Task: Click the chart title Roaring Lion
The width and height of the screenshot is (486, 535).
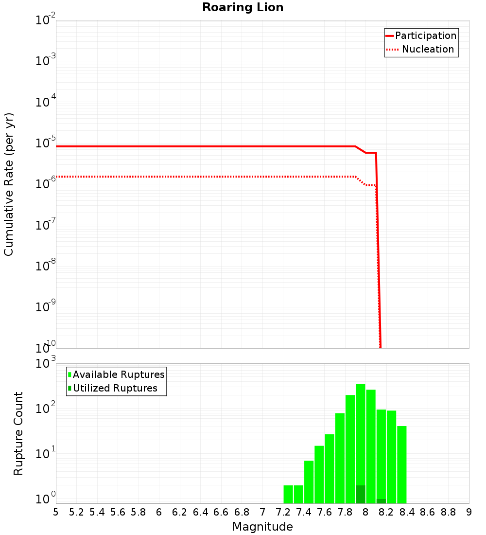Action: pyautogui.click(x=243, y=7)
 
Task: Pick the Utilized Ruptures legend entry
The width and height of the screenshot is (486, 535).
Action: pyautogui.click(x=115, y=388)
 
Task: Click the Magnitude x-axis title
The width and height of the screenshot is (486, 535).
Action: pyautogui.click(x=262, y=527)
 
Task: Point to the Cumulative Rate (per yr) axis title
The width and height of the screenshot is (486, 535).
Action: pyautogui.click(x=9, y=184)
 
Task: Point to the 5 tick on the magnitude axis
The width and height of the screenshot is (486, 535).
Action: pyautogui.click(x=56, y=512)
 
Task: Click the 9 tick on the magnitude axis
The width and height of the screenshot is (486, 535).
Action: pyautogui.click(x=469, y=512)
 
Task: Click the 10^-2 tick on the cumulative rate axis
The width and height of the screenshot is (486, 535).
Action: pyautogui.click(x=46, y=20)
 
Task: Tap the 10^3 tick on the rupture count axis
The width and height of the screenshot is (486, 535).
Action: pyautogui.click(x=46, y=364)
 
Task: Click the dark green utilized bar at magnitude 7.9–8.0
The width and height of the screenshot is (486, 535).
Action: pyautogui.click(x=360, y=494)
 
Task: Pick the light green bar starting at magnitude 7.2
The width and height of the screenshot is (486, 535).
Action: pyautogui.click(x=288, y=494)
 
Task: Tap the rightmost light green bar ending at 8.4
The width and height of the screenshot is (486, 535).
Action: pyautogui.click(x=401, y=464)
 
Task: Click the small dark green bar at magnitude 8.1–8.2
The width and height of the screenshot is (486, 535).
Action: pyautogui.click(x=381, y=501)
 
